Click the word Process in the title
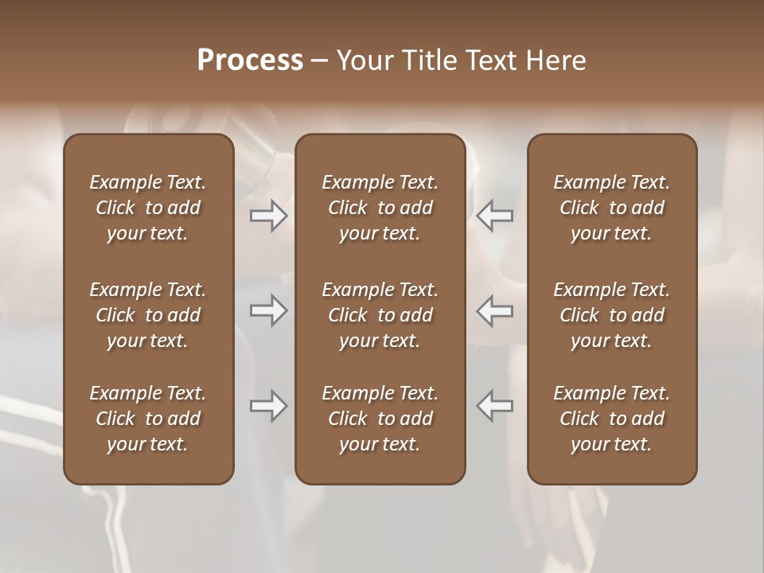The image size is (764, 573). click(x=250, y=60)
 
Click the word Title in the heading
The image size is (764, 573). click(x=431, y=60)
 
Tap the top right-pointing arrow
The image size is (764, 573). click(x=269, y=216)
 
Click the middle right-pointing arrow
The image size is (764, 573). click(x=269, y=310)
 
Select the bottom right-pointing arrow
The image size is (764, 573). click(x=269, y=406)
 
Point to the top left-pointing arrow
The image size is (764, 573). click(x=495, y=216)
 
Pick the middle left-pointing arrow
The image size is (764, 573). click(x=495, y=310)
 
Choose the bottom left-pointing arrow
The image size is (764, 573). click(x=495, y=406)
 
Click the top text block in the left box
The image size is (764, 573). click(x=148, y=208)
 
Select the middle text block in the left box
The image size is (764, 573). click(x=148, y=315)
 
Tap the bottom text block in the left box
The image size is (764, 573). click(x=148, y=419)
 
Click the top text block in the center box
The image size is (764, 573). click(x=380, y=208)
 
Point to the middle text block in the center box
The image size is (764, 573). click(x=380, y=315)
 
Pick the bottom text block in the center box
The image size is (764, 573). click(x=380, y=419)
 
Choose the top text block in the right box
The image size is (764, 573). click(x=612, y=208)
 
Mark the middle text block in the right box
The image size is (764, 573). click(x=612, y=315)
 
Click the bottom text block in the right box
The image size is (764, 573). click(x=612, y=419)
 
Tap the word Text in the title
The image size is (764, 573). click(x=493, y=60)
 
